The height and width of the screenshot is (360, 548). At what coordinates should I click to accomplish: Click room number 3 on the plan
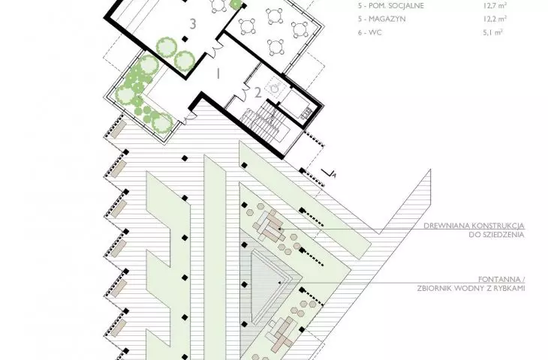193,24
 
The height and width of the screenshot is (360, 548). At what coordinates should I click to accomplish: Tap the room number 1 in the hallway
218,74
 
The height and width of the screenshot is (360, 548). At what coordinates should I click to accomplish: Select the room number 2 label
258,93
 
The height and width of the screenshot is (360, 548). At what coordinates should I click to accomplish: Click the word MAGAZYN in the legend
387,19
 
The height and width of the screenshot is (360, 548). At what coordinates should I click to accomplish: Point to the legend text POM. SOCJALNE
396,6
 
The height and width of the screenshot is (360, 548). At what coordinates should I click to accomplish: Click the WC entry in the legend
375,33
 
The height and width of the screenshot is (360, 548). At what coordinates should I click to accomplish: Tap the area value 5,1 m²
493,33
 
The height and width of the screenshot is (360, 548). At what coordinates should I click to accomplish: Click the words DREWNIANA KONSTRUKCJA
474,226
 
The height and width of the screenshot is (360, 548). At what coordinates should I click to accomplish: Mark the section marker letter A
334,175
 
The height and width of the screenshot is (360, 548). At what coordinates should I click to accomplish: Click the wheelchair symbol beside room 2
276,87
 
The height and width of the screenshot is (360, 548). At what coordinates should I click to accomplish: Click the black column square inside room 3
185,39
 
